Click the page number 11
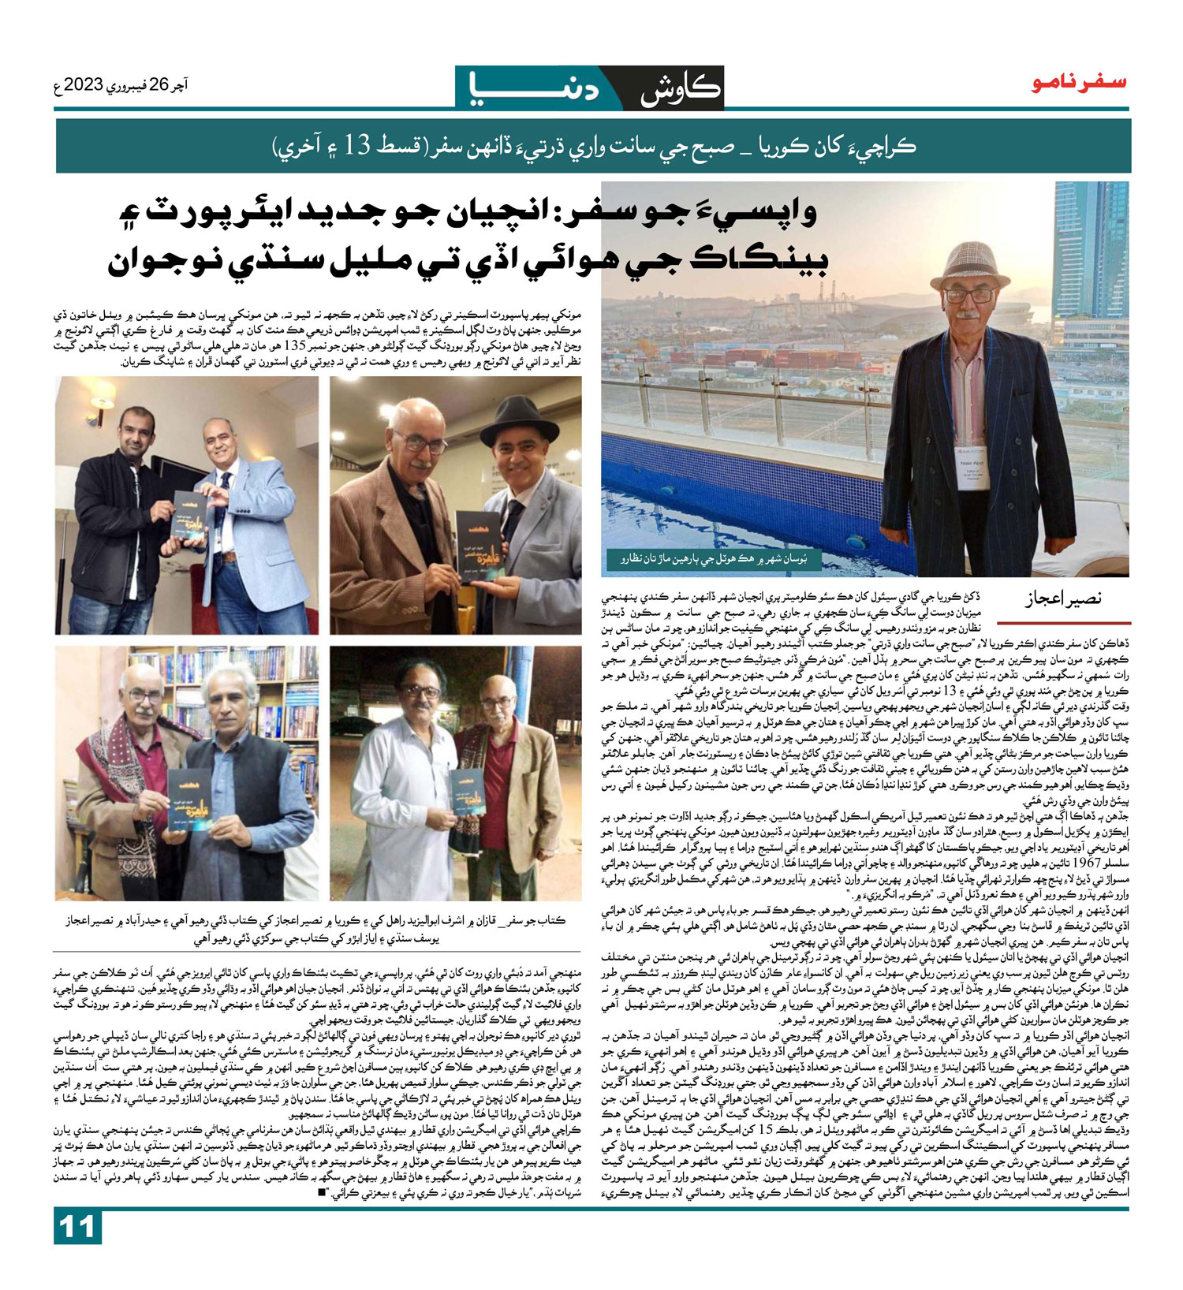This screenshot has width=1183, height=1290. (77, 1250)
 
